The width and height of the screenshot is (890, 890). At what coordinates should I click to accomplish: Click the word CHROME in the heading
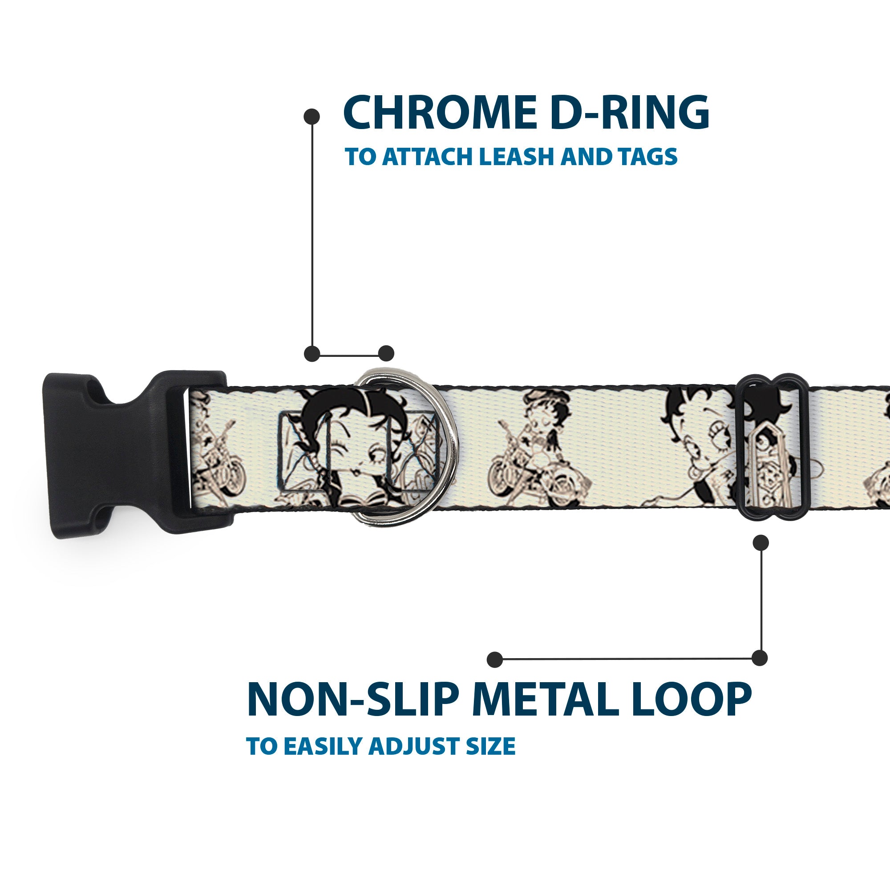click(440, 113)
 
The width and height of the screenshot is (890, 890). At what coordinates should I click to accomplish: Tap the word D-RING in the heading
click(629, 113)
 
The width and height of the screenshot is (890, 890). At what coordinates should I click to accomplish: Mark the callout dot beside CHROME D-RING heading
click(312, 116)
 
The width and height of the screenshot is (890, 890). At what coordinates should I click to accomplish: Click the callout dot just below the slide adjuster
click(761, 542)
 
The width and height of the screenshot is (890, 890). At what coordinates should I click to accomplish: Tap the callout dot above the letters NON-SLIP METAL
click(494, 659)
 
